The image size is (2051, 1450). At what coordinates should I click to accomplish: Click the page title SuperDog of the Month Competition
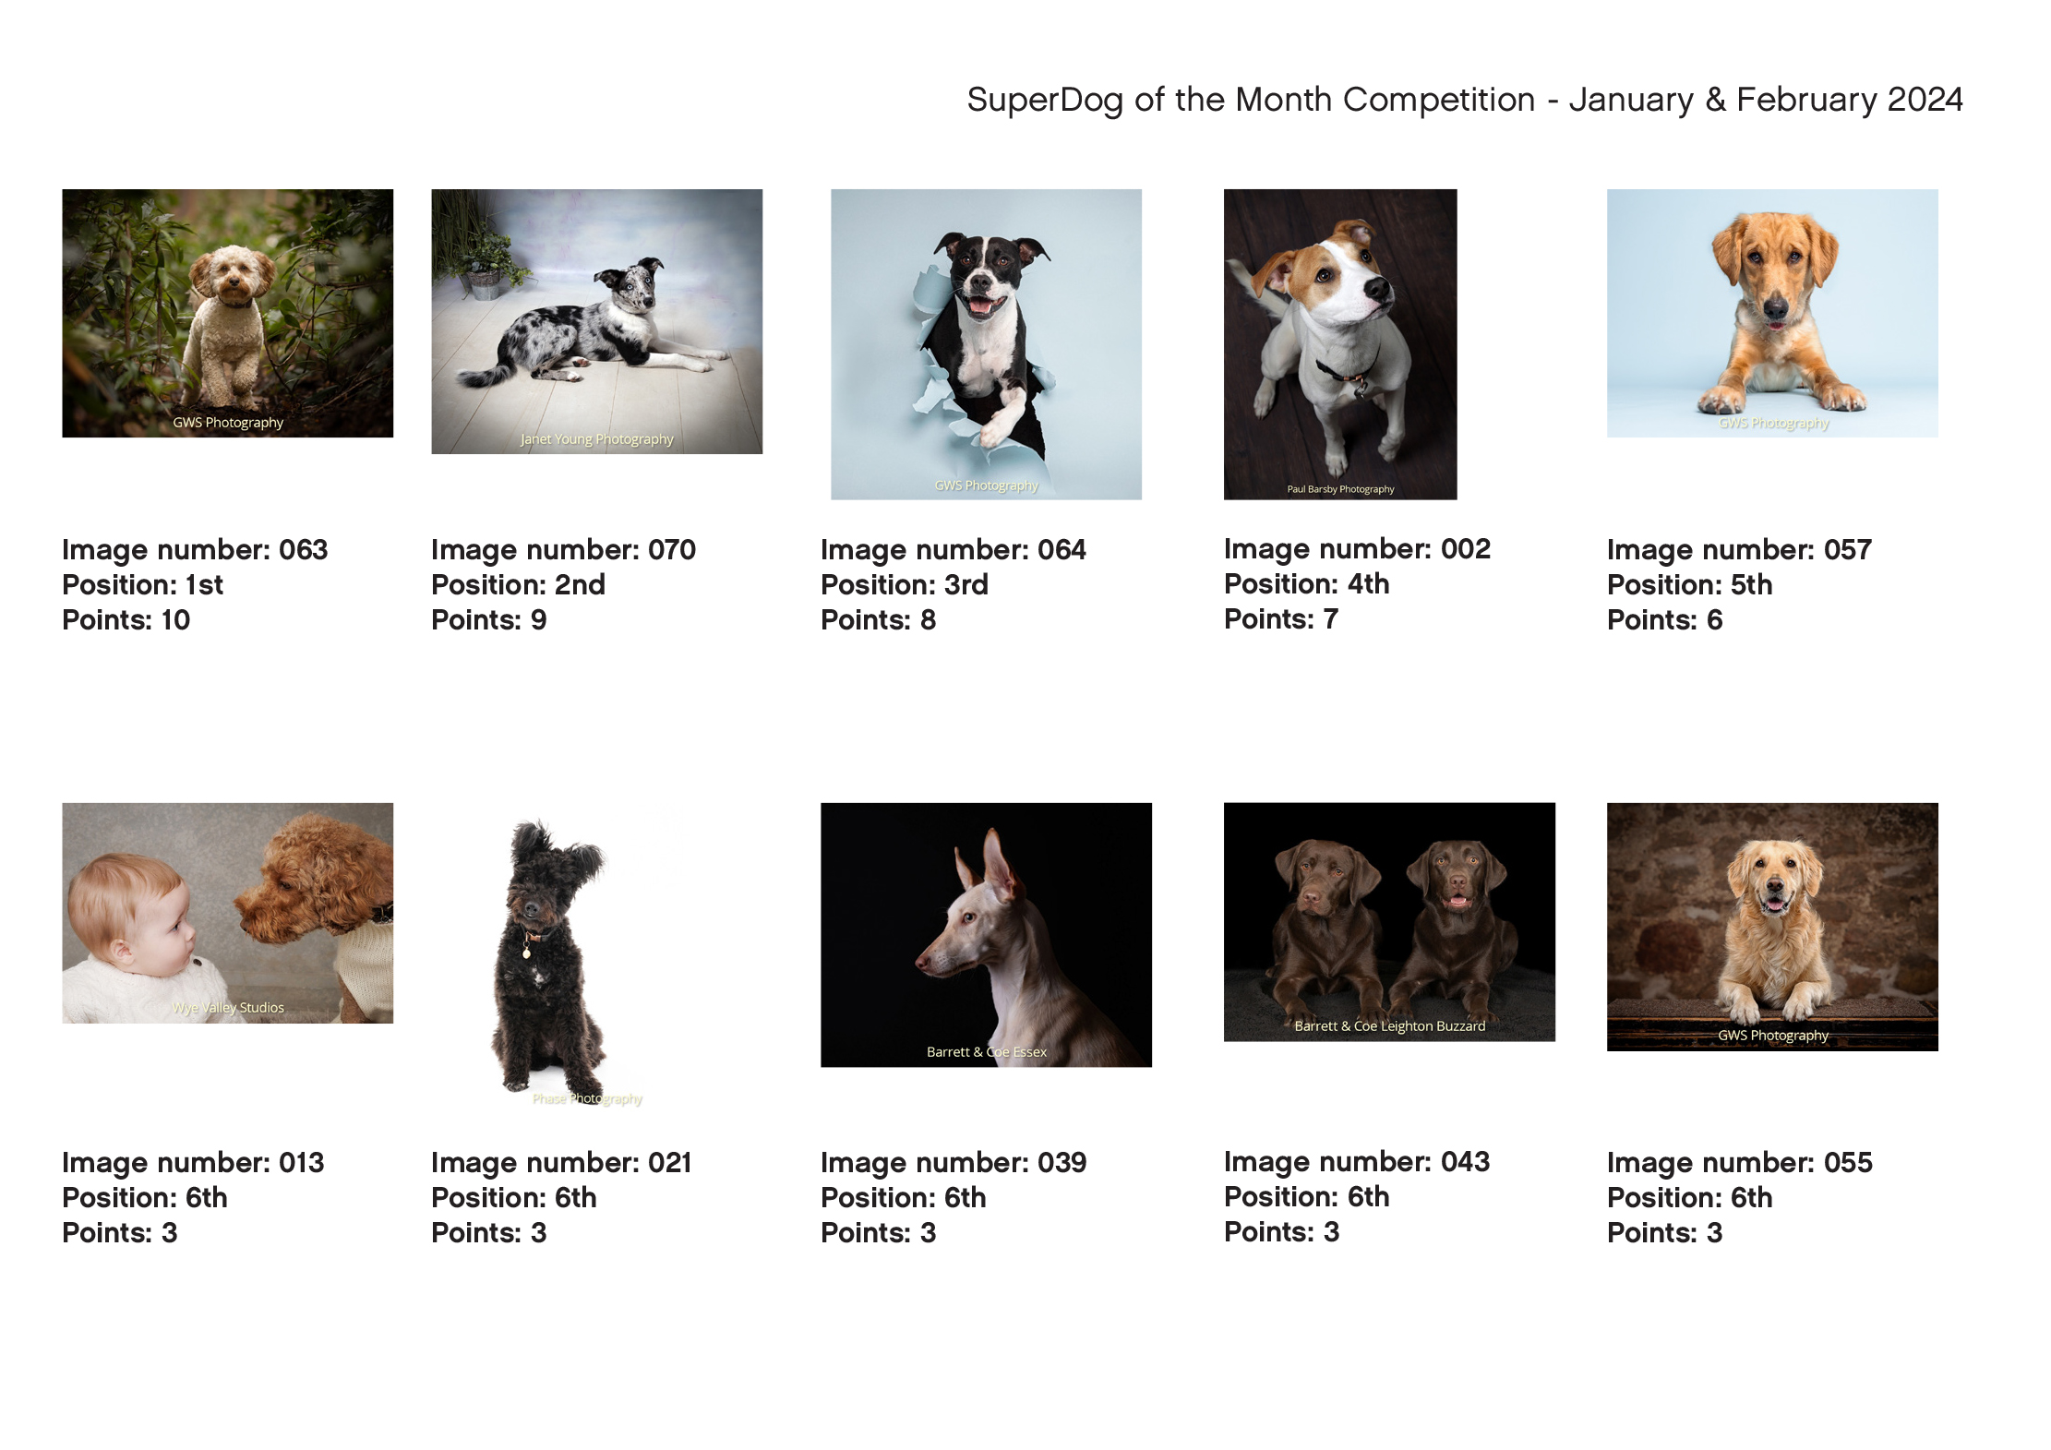(1251, 100)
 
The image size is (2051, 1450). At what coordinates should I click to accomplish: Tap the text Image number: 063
(195, 550)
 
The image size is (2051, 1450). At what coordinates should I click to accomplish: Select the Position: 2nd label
(518, 585)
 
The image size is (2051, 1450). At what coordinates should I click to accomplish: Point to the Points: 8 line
(878, 620)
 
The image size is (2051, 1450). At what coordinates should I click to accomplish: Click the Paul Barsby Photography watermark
(1340, 489)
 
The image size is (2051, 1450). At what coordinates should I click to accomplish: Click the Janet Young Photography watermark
(596, 439)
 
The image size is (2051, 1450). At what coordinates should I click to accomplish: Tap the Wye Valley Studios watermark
(228, 1008)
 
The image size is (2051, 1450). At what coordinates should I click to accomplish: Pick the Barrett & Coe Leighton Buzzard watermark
(1389, 1026)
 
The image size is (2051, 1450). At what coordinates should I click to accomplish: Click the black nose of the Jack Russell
(1377, 289)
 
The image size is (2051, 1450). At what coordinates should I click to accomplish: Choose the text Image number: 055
(1739, 1163)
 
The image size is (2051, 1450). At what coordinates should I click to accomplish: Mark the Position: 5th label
(1689, 585)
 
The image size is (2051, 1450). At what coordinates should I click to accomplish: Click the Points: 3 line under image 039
(878, 1233)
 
